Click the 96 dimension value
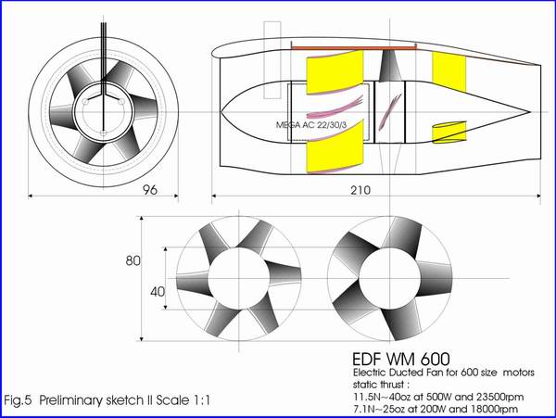[149, 190]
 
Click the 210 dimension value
[360, 190]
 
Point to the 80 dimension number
[133, 261]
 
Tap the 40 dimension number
[158, 292]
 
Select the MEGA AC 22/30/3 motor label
[311, 125]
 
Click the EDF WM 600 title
[401, 359]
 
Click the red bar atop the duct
[353, 47]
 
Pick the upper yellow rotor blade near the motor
[335, 72]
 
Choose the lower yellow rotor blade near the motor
[335, 146]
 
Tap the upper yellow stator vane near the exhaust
[449, 71]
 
